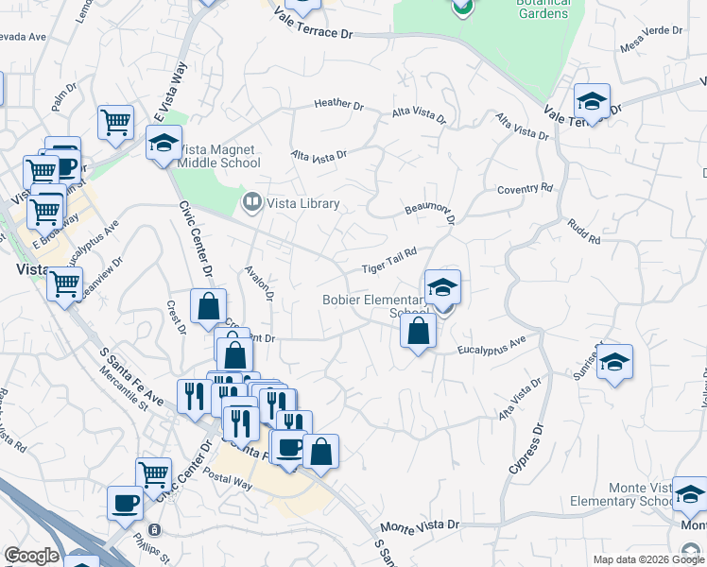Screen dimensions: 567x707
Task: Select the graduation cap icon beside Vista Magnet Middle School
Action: [164, 144]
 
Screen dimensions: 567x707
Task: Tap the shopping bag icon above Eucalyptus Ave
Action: [417, 332]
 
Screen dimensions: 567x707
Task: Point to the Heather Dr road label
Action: [339, 104]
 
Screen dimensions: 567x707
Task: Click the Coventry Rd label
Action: [525, 189]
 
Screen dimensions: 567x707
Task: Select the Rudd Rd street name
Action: [584, 232]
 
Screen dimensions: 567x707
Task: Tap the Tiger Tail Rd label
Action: [388, 266]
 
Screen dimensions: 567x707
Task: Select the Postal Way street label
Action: [230, 483]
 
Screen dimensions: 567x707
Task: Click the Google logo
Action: [31, 556]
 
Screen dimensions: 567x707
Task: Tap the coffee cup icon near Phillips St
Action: [125, 503]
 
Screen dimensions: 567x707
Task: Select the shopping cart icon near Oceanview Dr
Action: [65, 283]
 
